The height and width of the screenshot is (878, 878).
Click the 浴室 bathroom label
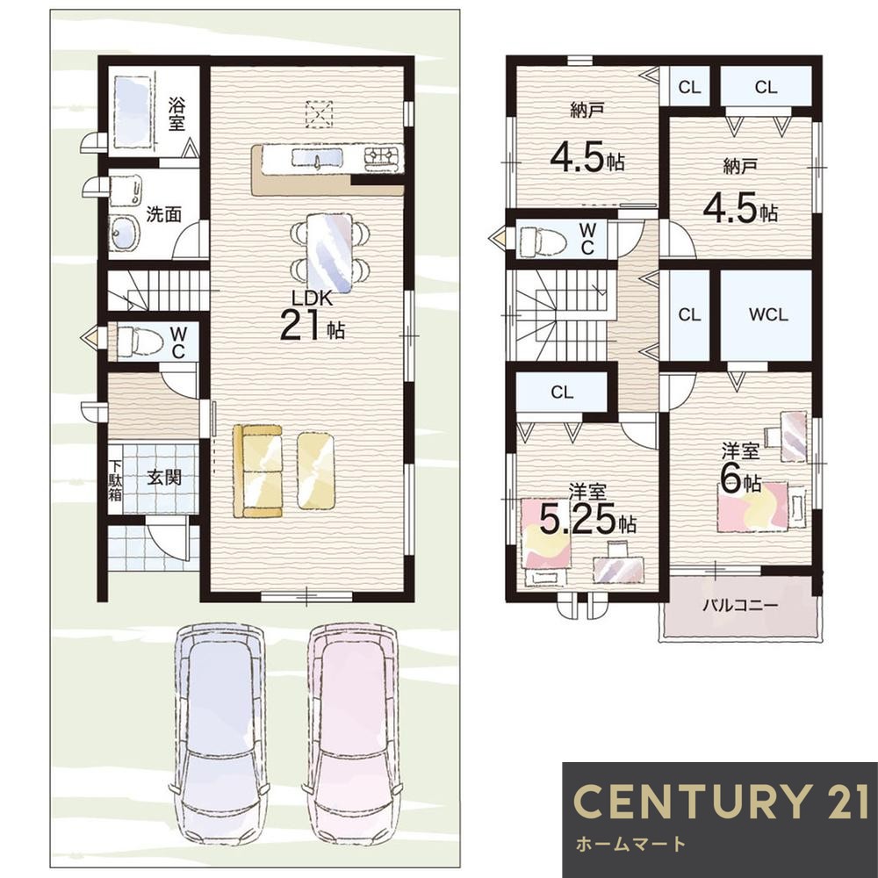click(x=176, y=114)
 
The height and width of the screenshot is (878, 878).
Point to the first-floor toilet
click(x=140, y=341)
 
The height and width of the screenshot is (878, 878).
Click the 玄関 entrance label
click(x=164, y=478)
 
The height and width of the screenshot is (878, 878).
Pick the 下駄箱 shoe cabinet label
click(x=115, y=480)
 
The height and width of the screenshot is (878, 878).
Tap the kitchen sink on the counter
click(x=317, y=158)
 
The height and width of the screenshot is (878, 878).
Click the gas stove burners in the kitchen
click(x=384, y=158)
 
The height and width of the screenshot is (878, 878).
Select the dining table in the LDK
click(x=330, y=253)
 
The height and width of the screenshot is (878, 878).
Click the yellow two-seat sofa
click(x=258, y=471)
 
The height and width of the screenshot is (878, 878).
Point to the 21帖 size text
click(x=312, y=325)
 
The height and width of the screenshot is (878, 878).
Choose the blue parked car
click(x=219, y=730)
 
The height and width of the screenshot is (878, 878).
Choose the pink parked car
click(x=352, y=731)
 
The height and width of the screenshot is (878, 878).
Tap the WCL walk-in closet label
click(x=768, y=314)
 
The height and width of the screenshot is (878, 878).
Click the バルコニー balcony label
click(x=740, y=605)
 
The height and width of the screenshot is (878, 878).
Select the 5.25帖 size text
click(x=587, y=519)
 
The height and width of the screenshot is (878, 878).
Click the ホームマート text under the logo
click(x=630, y=844)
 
